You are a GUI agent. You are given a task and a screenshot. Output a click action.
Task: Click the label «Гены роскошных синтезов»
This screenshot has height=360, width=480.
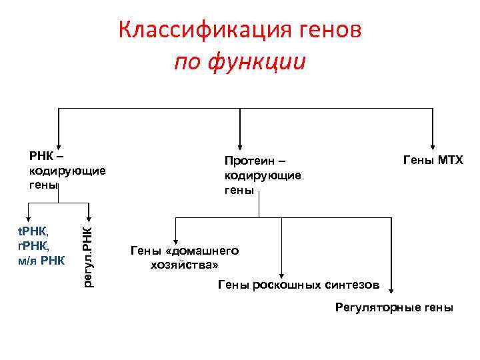pyautogui.click(x=299, y=285)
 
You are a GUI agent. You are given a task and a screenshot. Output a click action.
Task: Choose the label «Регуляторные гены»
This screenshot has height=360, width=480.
pyautogui.click(x=395, y=307)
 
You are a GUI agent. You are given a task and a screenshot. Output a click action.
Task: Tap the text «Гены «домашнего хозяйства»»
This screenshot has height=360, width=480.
pyautogui.click(x=184, y=257)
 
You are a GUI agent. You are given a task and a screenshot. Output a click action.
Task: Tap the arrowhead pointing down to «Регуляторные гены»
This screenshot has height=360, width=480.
pyautogui.click(x=391, y=288)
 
